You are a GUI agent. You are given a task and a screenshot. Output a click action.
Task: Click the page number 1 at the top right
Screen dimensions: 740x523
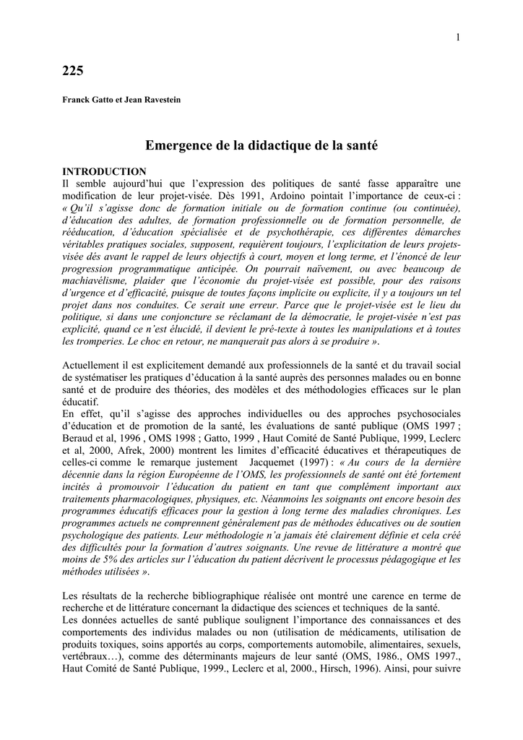[x=459, y=38]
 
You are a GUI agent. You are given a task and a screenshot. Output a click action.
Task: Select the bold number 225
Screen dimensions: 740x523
[x=73, y=71]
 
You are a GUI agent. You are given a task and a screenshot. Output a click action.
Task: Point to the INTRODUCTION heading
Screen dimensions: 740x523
[x=105, y=171]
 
